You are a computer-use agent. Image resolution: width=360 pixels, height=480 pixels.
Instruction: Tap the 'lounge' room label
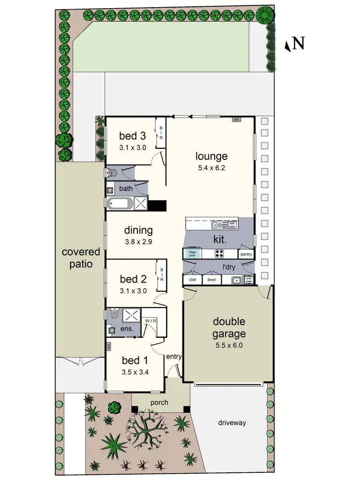click(x=211, y=156)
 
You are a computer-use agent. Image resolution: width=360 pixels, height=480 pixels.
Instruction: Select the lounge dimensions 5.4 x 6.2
click(x=211, y=168)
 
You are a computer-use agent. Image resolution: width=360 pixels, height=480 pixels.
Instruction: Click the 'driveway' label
click(x=232, y=422)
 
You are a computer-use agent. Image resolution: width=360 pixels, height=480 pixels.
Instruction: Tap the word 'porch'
click(x=159, y=402)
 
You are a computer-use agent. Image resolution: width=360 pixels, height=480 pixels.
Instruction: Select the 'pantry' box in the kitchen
click(x=246, y=254)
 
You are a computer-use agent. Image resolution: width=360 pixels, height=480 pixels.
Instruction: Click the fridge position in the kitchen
click(x=192, y=254)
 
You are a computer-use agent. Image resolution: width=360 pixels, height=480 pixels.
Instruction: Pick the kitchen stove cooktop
click(x=220, y=254)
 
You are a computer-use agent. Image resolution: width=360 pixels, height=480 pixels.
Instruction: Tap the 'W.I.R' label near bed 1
click(x=149, y=320)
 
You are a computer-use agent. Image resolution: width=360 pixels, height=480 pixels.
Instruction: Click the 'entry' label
click(x=173, y=356)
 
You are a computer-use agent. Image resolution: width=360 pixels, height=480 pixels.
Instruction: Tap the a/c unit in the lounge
click(x=236, y=120)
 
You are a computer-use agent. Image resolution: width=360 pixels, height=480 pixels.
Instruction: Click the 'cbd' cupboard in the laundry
click(x=192, y=280)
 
